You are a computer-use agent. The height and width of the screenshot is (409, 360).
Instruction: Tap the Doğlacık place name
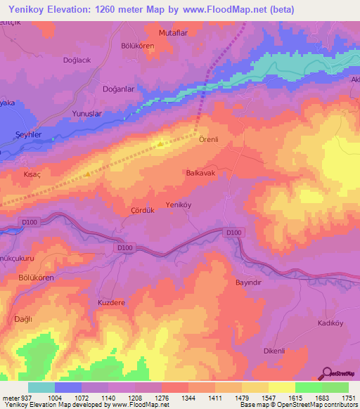click(77, 60)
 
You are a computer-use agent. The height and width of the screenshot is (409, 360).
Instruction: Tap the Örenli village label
click(209, 139)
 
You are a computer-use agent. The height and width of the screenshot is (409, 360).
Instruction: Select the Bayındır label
click(247, 283)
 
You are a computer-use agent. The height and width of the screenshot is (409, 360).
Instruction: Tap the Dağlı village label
click(24, 319)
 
